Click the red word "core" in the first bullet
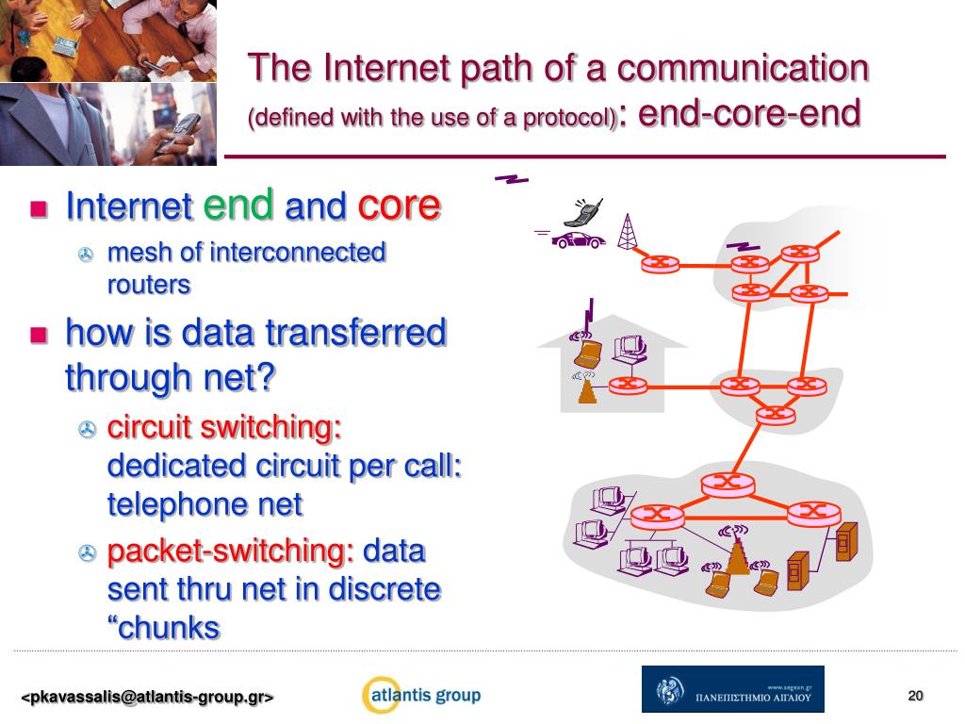(x=398, y=205)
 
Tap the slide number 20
(x=915, y=696)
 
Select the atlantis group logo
(x=421, y=696)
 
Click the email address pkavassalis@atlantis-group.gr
(x=148, y=698)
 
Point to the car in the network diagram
(x=578, y=239)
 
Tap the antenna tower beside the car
(x=627, y=232)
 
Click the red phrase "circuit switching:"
(x=224, y=427)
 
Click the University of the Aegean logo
(x=732, y=689)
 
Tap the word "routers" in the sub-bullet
(x=149, y=284)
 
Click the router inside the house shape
(x=625, y=385)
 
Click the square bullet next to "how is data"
(x=39, y=334)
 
